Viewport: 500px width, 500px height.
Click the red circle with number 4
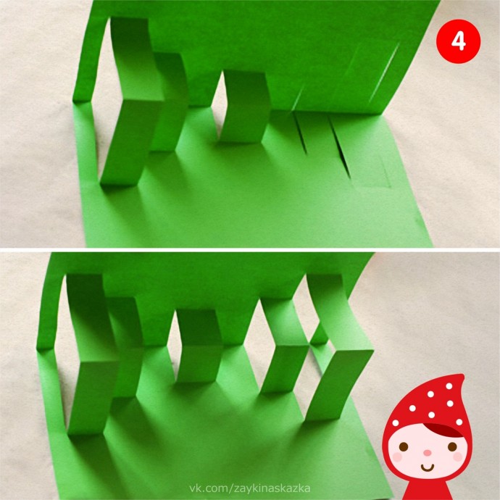point(458,41)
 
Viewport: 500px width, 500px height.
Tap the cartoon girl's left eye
point(404,446)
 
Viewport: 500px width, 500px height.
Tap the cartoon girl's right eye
point(452,446)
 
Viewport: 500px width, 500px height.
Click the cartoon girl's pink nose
point(428,453)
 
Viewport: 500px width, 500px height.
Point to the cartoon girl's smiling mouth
point(428,468)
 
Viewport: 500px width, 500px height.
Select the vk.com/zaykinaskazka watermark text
point(250,488)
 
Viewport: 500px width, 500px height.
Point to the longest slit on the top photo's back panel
point(384,72)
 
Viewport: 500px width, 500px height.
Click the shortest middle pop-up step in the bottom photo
point(199,346)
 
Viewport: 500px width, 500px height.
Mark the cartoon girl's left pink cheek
point(397,457)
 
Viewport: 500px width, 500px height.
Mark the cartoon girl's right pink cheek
point(458,457)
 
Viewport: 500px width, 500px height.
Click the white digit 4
point(459,42)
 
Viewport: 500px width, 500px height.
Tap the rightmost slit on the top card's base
point(340,146)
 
